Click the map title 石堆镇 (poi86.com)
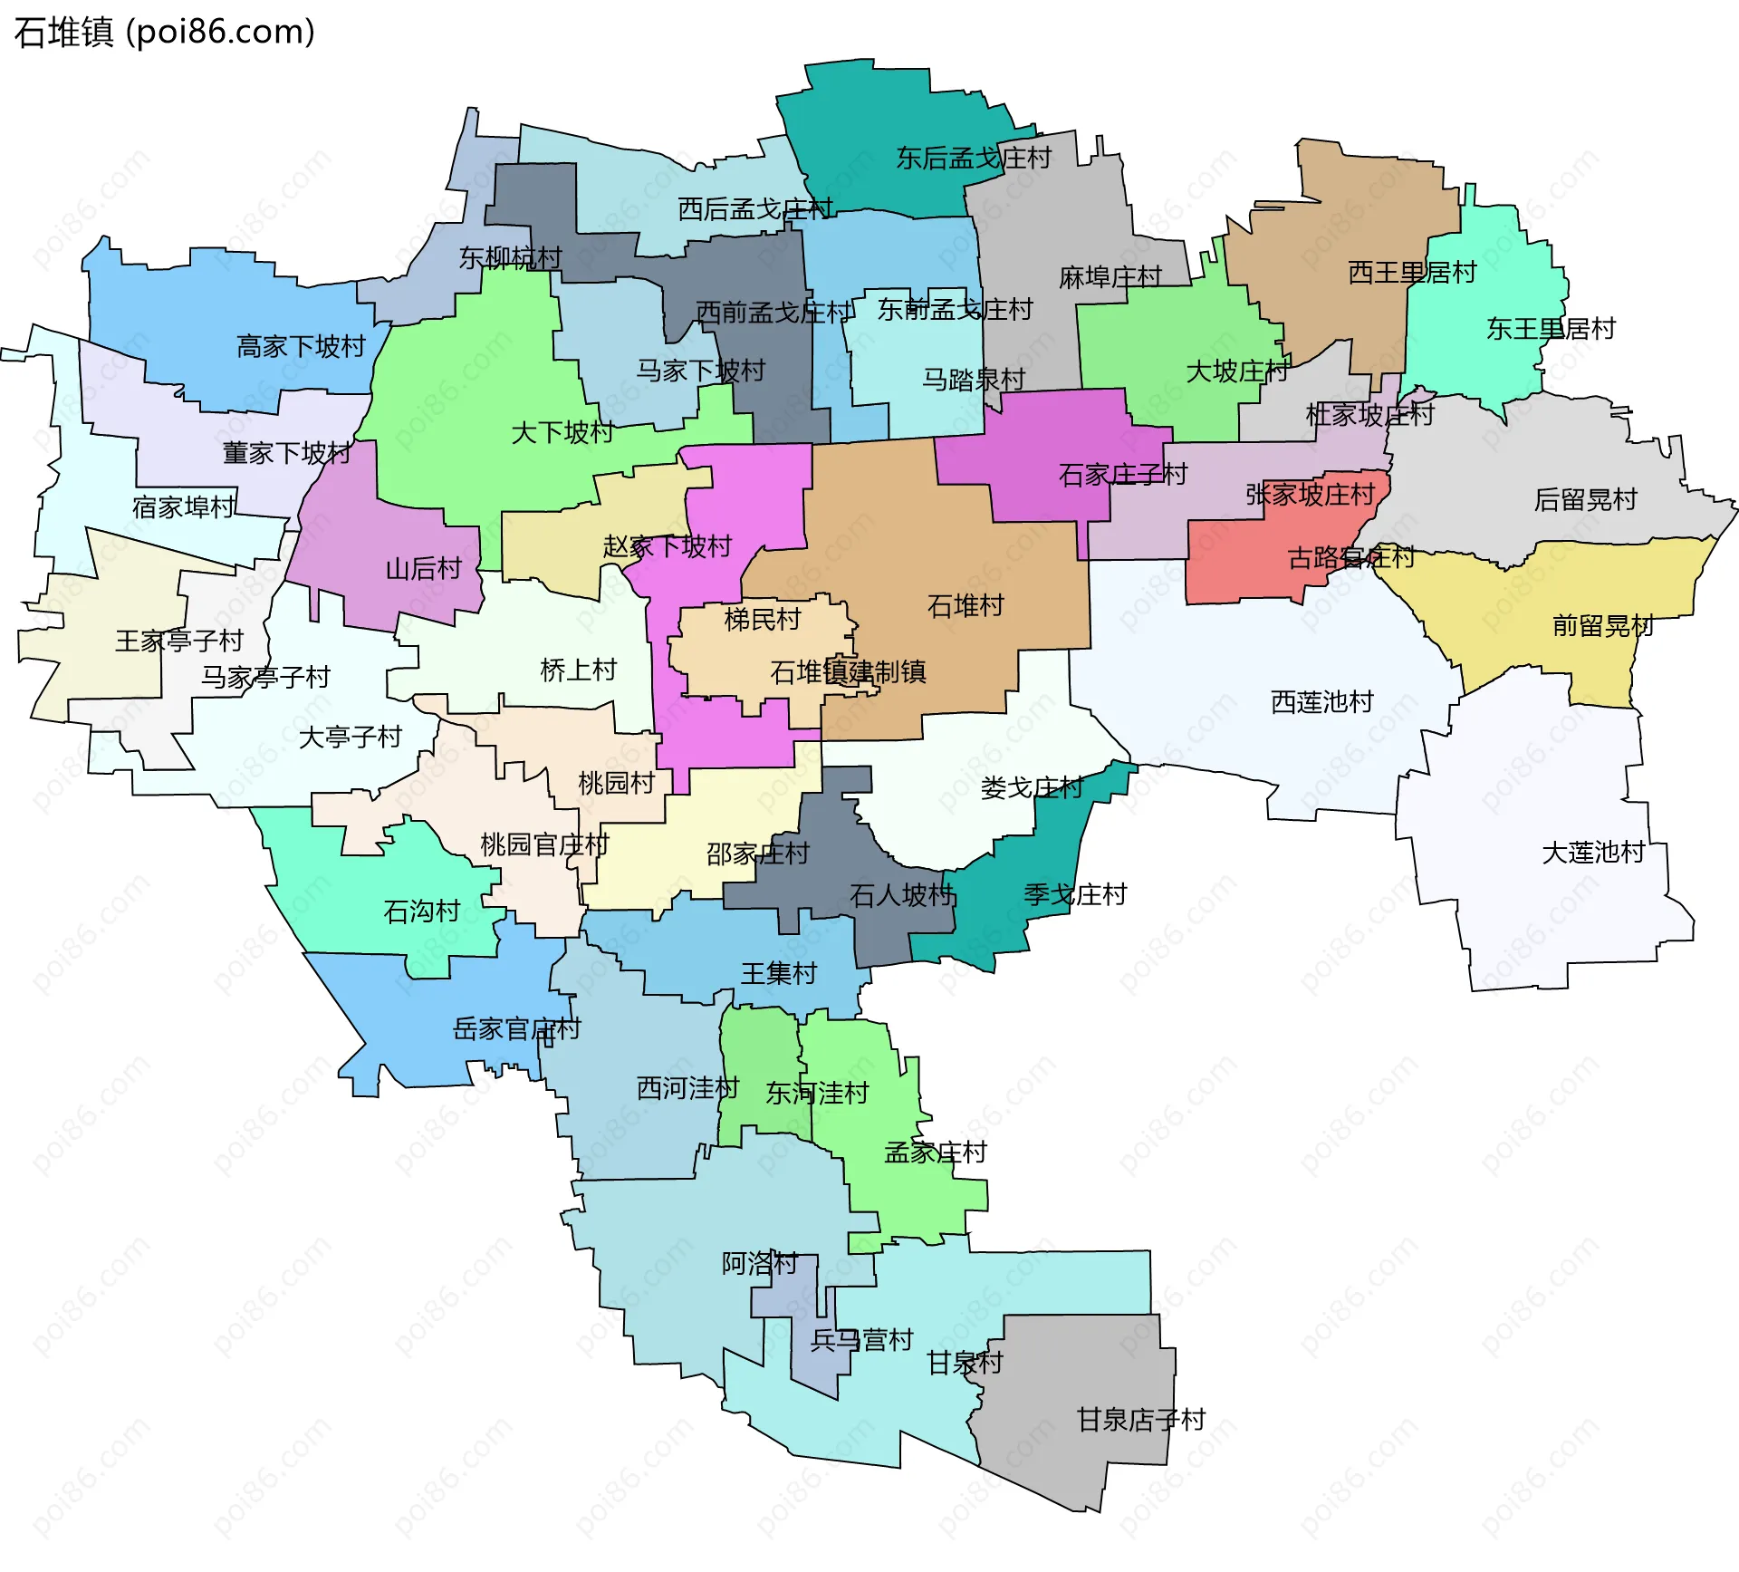165,33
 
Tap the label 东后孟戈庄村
974,159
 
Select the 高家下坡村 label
301,347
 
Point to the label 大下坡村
562,433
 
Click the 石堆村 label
966,606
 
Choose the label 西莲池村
1321,702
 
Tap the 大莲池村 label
1592,853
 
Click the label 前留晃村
1602,626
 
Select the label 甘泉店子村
1140,1420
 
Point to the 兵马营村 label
861,1340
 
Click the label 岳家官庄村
516,1029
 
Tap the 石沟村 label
422,911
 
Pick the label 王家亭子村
179,641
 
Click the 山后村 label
424,569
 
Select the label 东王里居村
1551,329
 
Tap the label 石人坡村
902,896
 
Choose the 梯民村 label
763,620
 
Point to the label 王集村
779,974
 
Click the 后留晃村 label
1585,500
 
